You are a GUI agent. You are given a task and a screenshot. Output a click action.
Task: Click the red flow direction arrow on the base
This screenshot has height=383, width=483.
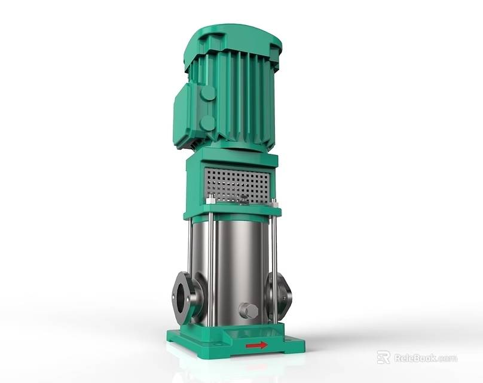[256, 345]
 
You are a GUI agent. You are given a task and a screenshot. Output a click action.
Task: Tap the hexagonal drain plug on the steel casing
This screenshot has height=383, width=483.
[248, 311]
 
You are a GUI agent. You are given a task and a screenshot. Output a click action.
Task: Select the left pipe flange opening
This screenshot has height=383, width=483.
[182, 297]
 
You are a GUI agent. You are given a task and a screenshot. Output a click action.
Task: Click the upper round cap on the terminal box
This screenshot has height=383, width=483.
[207, 93]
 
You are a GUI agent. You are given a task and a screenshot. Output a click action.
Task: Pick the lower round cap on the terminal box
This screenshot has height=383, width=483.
[207, 123]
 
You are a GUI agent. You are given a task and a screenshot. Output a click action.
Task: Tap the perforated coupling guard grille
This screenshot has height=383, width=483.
[237, 184]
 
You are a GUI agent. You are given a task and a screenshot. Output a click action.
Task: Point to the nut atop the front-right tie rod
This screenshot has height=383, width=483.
[274, 202]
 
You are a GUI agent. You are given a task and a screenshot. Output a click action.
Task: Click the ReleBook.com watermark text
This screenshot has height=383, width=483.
[425, 358]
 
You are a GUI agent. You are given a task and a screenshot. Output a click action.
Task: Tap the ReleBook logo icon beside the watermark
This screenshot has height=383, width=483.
[383, 357]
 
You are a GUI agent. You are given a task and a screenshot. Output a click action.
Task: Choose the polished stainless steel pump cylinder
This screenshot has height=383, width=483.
[239, 263]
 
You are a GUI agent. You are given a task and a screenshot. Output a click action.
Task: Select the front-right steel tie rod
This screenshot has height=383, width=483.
[274, 263]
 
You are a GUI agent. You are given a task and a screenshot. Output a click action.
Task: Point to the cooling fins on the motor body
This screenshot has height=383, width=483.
[239, 96]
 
